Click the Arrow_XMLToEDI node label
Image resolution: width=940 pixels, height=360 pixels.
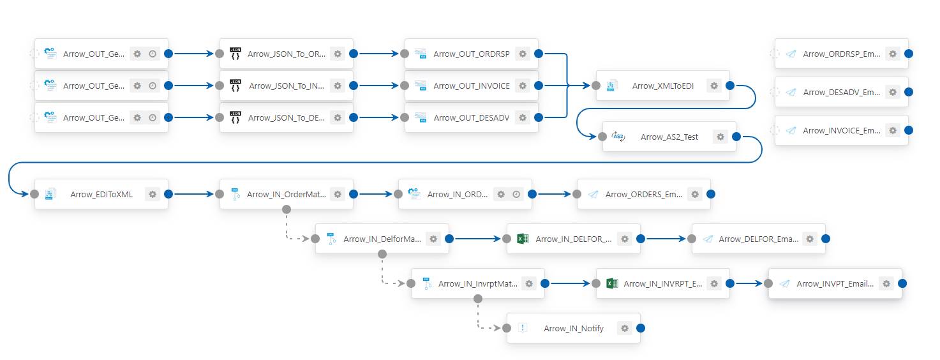[662, 86]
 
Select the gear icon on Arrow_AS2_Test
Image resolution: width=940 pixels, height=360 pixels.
[720, 137]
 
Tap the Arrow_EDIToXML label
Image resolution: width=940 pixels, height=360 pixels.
[101, 194]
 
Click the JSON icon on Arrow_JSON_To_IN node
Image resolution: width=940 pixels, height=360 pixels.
[235, 86]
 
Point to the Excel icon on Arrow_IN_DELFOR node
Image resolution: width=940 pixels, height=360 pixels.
[523, 239]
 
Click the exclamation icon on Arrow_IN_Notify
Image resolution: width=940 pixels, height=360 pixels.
[523, 327]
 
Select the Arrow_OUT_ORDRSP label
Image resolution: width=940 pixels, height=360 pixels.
[471, 54]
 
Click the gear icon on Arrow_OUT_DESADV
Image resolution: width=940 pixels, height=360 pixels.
[523, 118]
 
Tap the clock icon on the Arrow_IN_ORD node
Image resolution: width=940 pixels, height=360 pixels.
[516, 194]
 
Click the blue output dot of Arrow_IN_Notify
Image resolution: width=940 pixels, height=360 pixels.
[640, 328]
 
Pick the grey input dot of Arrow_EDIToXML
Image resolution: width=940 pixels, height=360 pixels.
[35, 194]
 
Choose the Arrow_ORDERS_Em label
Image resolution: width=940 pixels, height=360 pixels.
[644, 194]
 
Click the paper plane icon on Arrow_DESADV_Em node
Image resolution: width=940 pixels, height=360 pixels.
[791, 92]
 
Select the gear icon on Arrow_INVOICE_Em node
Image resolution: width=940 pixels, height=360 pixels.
[893, 130]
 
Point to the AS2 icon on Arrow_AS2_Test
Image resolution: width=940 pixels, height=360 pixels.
[618, 137]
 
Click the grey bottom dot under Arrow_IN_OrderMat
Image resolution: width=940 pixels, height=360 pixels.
[287, 209]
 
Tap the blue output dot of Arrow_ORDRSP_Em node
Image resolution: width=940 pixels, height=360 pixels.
[909, 54]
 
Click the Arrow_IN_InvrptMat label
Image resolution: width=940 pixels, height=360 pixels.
[478, 283]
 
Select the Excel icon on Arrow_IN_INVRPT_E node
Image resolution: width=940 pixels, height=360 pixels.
[612, 283]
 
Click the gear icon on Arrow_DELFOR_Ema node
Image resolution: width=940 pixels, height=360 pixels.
[810, 239]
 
